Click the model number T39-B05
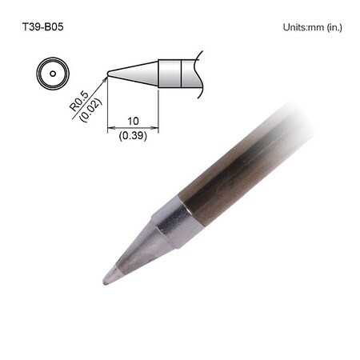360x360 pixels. click(42, 26)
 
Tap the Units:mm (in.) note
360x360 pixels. click(312, 27)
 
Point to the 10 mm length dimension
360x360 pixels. click(133, 122)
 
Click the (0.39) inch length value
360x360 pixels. click(133, 137)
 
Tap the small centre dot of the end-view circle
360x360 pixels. click(53, 74)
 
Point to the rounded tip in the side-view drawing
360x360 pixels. click(109, 74)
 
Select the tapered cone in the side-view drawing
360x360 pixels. click(136, 74)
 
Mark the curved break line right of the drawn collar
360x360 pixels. click(197, 74)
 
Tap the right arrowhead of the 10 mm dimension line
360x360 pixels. click(156, 129)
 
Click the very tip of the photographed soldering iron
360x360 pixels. click(106, 280)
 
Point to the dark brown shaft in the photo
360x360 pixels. click(240, 168)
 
